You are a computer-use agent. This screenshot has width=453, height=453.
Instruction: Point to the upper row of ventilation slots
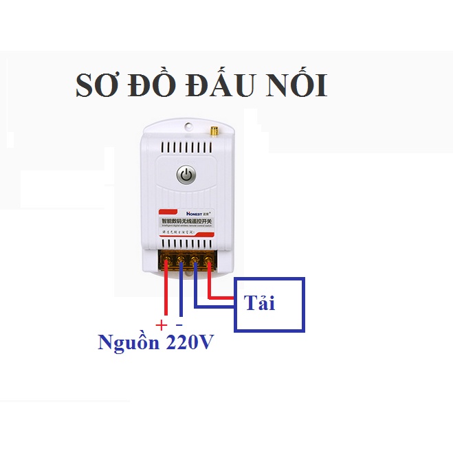coord(186,147)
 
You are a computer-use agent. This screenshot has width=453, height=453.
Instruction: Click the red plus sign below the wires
coord(162,324)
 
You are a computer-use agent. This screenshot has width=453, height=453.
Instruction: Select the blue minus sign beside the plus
coord(179,324)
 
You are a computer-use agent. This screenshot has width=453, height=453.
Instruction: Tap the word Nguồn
coord(128,342)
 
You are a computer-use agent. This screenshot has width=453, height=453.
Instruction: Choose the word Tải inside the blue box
coord(258,303)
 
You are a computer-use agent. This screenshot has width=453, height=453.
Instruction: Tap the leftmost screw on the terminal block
coord(168,261)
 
